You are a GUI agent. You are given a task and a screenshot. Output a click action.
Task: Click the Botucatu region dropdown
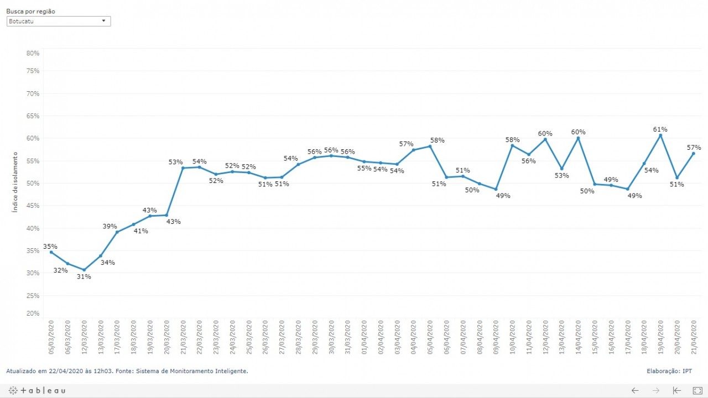[59, 21]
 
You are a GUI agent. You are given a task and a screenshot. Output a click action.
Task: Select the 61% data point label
[660, 129]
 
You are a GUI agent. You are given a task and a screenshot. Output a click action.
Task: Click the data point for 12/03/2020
[84, 270]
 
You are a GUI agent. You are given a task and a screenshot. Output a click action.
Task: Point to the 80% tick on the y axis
[33, 53]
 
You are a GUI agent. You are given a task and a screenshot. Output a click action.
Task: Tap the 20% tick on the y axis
[33, 313]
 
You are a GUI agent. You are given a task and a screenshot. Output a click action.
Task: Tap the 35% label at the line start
[50, 247]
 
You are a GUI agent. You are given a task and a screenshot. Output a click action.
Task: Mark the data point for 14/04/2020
[578, 138]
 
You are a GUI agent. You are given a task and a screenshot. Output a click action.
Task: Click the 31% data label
[84, 276]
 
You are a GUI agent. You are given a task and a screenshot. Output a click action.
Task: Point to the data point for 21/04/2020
[693, 153]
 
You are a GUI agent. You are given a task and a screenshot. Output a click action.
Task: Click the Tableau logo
[37, 390]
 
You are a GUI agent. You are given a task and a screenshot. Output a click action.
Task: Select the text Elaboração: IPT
[669, 371]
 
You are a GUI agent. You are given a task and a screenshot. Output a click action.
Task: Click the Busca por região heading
[30, 11]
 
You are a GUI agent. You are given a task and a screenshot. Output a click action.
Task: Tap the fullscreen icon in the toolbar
[697, 390]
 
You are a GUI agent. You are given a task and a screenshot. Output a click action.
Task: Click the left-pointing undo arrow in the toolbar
[635, 390]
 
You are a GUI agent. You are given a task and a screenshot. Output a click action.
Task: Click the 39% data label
[110, 226]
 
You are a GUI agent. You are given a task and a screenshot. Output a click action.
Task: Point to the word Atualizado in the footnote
[21, 371]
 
